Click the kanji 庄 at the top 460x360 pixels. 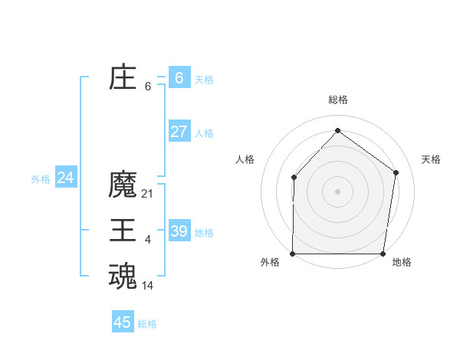(123, 78)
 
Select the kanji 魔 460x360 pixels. (123, 185)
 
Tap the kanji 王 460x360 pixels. (123, 231)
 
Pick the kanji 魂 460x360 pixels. (123, 277)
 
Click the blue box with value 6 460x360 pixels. (179, 78)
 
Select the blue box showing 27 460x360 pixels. (179, 131)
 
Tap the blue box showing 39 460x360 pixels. (179, 231)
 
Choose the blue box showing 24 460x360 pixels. (65, 178)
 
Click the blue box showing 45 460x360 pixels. (123, 322)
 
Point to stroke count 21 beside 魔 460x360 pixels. (148, 194)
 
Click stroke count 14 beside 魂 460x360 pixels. (148, 286)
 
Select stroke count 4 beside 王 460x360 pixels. (148, 240)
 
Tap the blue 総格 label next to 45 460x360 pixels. (147, 324)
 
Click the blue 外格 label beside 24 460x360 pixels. (41, 179)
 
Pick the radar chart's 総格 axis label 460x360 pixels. (338, 100)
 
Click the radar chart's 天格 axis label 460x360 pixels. (432, 159)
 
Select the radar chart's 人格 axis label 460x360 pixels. (245, 159)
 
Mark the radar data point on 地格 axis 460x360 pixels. (383, 254)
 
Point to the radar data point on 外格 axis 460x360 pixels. (293, 254)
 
